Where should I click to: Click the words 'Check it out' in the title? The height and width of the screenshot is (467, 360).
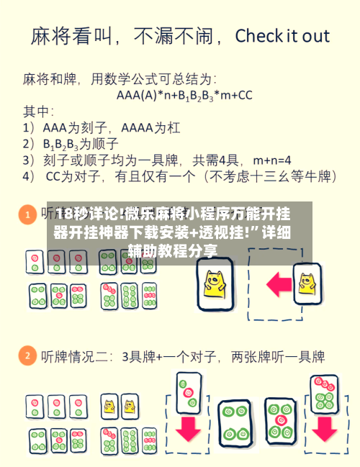pyautogui.click(x=282, y=36)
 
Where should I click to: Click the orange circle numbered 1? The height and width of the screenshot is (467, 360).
pyautogui.click(x=27, y=214)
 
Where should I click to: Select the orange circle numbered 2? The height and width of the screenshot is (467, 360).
pyautogui.click(x=27, y=355)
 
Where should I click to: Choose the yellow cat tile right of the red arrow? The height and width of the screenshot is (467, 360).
pyautogui.click(x=308, y=281)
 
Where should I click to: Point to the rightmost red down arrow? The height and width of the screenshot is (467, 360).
pyautogui.click(x=324, y=430)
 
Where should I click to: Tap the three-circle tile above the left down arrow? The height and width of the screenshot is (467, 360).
pyautogui.click(x=189, y=389)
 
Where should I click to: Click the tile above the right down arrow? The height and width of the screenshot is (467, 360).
pyautogui.click(x=324, y=392)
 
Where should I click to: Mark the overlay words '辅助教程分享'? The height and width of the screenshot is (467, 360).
pyautogui.click(x=173, y=251)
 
